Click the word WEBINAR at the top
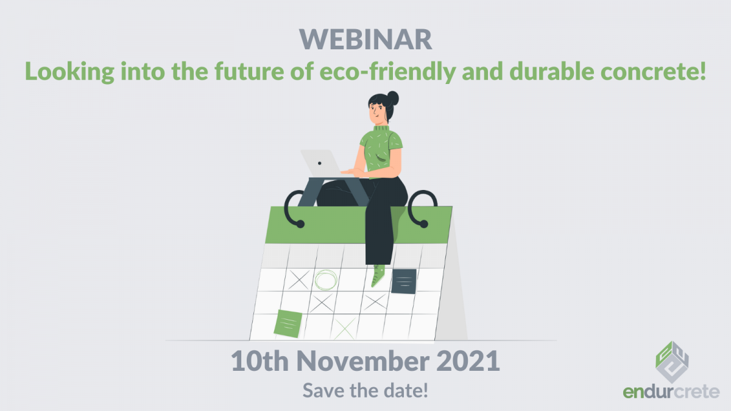pyautogui.click(x=365, y=40)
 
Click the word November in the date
pyautogui.click(x=363, y=360)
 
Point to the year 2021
pyautogui.click(x=468, y=360)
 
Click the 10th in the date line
pyautogui.click(x=260, y=360)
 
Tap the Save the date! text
pyautogui.click(x=365, y=390)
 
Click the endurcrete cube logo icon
pyautogui.click(x=672, y=362)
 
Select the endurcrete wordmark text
pyautogui.click(x=671, y=392)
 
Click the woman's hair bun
pyautogui.click(x=392, y=97)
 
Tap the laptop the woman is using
pyautogui.click(x=321, y=163)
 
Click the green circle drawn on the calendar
pyautogui.click(x=326, y=280)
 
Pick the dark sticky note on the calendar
pyautogui.click(x=404, y=281)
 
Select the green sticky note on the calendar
pyautogui.click(x=288, y=323)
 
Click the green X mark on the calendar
pyautogui.click(x=345, y=329)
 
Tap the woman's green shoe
pyautogui.click(x=378, y=276)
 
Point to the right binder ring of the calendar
pyautogui.click(x=422, y=209)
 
